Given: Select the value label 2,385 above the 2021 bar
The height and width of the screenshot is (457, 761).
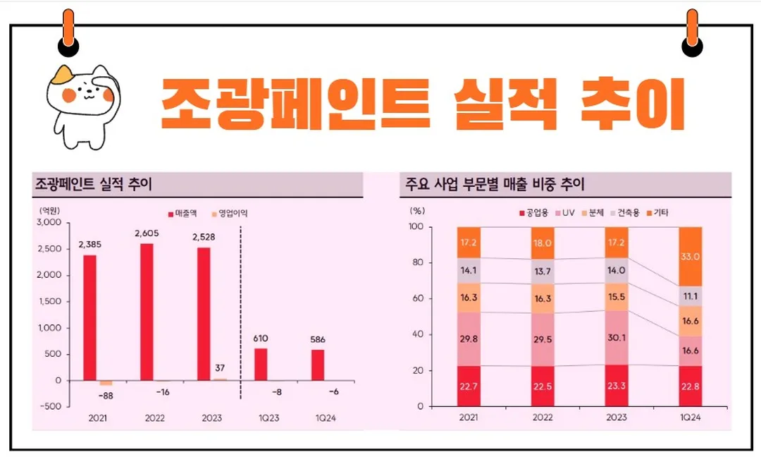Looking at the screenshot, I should click(x=89, y=244).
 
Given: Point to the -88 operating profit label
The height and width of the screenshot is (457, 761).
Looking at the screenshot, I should click(x=105, y=396).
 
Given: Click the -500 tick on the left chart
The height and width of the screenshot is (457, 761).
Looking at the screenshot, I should click(x=51, y=407).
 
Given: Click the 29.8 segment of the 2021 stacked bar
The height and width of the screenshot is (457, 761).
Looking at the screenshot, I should click(x=468, y=339).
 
